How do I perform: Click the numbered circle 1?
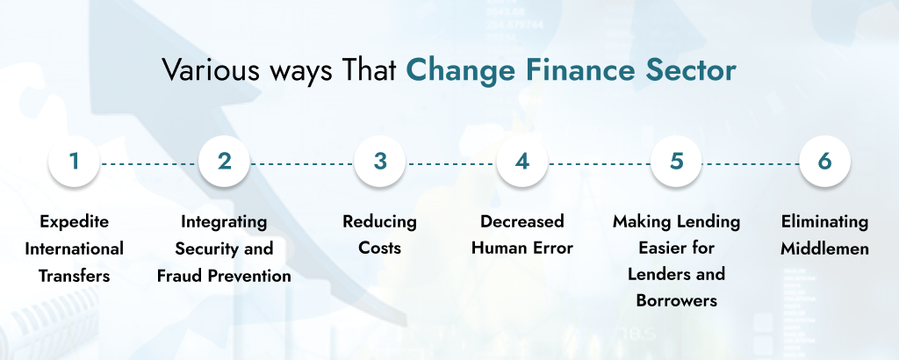pyautogui.click(x=74, y=162)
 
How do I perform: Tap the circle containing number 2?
pyautogui.click(x=225, y=162)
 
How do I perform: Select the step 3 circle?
pyautogui.click(x=379, y=162)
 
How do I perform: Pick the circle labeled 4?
pyautogui.click(x=522, y=162)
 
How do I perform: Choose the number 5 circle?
pyautogui.click(x=676, y=162)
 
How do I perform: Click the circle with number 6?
pyautogui.click(x=823, y=162)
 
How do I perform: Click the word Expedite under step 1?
pyautogui.click(x=74, y=221)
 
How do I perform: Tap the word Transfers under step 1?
pyautogui.click(x=74, y=276)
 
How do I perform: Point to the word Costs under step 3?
pyautogui.click(x=379, y=248)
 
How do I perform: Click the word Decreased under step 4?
pyautogui.click(x=522, y=221)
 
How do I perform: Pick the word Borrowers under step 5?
pyautogui.click(x=676, y=301)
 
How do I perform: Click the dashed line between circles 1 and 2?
pyautogui.click(x=149, y=163)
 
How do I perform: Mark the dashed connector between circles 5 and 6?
pyautogui.click(x=750, y=163)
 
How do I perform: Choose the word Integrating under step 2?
pyautogui.click(x=225, y=221)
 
